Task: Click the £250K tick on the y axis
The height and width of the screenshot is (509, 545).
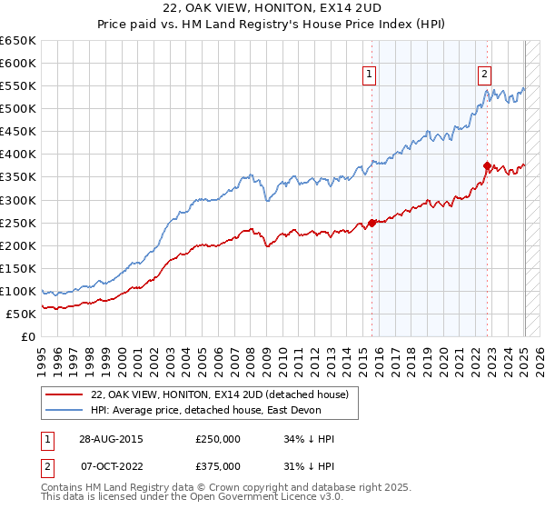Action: coord(19,223)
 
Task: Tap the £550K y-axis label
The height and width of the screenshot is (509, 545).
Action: coord(19,85)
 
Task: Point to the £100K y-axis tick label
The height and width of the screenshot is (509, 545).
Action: coord(19,291)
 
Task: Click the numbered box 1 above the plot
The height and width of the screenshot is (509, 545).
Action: coord(371,75)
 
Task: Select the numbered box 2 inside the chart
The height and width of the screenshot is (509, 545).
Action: coord(485,75)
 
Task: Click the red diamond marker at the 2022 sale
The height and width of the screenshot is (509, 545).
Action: coord(487,166)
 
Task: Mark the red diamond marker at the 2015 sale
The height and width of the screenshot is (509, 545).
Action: coord(372,223)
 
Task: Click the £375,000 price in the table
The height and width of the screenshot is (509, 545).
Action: coord(217,466)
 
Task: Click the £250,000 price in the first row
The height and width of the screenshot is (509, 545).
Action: coord(217,439)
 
